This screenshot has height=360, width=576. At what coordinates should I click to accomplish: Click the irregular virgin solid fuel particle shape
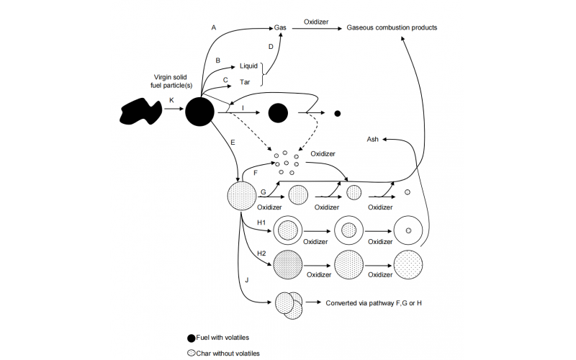(x=140, y=112)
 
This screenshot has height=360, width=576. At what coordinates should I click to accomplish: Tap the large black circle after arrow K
(x=199, y=112)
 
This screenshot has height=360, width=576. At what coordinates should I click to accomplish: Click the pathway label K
(x=171, y=100)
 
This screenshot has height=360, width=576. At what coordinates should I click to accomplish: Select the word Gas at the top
(x=280, y=28)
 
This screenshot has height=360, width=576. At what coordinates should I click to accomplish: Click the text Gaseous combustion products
(x=392, y=28)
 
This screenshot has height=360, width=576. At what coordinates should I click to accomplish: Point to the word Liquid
(x=248, y=66)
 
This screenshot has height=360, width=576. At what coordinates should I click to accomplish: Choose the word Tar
(x=245, y=82)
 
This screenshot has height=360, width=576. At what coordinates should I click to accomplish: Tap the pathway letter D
(x=271, y=47)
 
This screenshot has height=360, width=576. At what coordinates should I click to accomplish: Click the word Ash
(x=373, y=139)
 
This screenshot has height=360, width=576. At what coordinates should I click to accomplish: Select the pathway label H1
(x=261, y=222)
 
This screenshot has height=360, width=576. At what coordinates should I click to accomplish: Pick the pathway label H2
(x=261, y=253)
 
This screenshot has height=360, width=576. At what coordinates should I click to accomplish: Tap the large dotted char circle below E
(x=241, y=196)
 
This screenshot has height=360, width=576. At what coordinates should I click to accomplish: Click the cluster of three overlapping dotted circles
(x=289, y=305)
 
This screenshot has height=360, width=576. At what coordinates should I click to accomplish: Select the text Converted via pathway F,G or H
(x=374, y=303)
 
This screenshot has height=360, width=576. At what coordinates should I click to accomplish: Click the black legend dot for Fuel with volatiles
(x=192, y=337)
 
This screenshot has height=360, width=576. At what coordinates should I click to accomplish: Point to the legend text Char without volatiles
(x=229, y=353)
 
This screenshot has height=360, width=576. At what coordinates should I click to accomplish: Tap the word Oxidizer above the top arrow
(x=316, y=22)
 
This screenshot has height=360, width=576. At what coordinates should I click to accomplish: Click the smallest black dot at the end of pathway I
(x=337, y=113)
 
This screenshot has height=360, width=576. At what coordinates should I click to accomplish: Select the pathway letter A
(x=213, y=27)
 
